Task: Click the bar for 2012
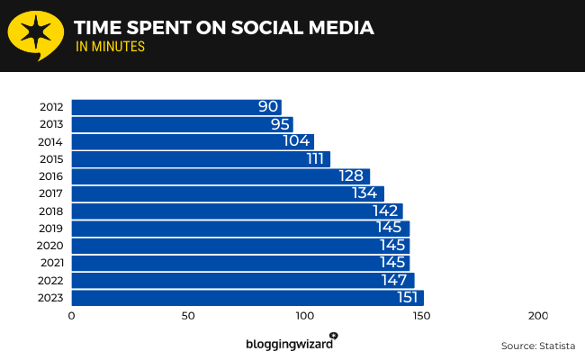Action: pyautogui.click(x=175, y=107)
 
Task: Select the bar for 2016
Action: pyautogui.click(x=220, y=176)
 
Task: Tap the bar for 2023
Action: pyautogui.click(x=247, y=298)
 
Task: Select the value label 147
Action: pyautogui.click(x=394, y=280)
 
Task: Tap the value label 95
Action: pyautogui.click(x=280, y=124)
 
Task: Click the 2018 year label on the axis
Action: pyautogui.click(x=51, y=211)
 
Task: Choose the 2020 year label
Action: pyautogui.click(x=51, y=246)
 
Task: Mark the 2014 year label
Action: pyautogui.click(x=51, y=142)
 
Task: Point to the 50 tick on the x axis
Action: pyautogui.click(x=188, y=317)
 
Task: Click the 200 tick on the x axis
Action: pyautogui.click(x=537, y=317)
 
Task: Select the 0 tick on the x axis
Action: pyautogui.click(x=72, y=317)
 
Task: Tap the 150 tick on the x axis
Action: pyautogui.click(x=421, y=317)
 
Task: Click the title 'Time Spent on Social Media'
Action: pyautogui.click(x=223, y=28)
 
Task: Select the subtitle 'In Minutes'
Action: pyautogui.click(x=110, y=48)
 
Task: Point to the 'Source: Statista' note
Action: pyautogui.click(x=538, y=346)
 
